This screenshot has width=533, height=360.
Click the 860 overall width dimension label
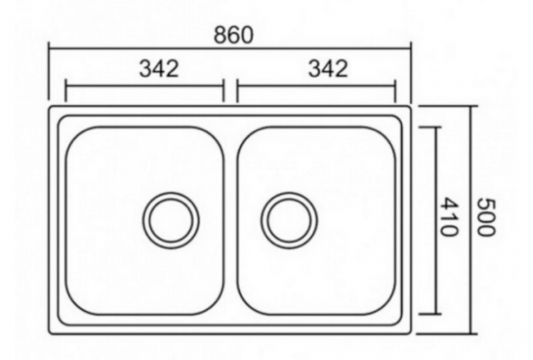pos(234,35)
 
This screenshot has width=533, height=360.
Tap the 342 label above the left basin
pos(159,69)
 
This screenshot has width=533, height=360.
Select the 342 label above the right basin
pos(328,69)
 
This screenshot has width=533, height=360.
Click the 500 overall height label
pos(487,217)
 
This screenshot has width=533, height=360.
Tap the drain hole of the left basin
pos(171,220)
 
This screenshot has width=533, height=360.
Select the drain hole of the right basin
pos(289,220)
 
